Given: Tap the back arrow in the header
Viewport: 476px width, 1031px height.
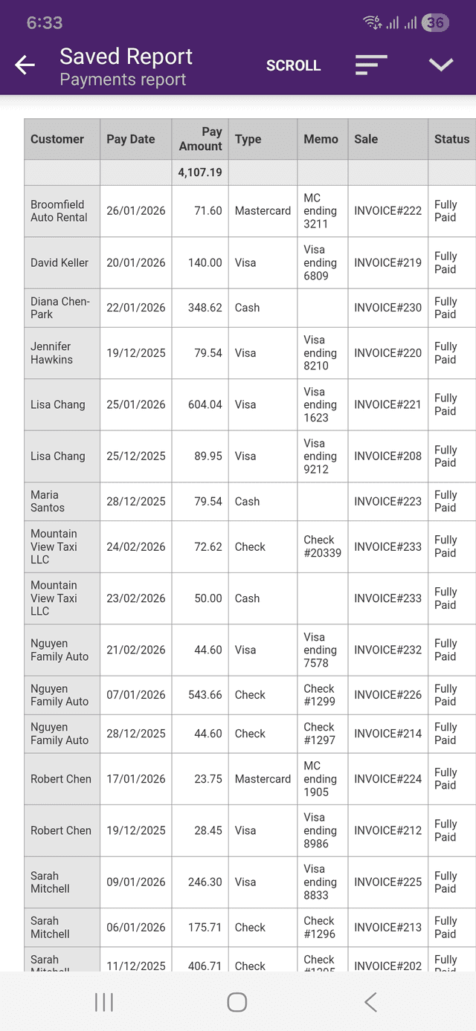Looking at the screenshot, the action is point(25,65).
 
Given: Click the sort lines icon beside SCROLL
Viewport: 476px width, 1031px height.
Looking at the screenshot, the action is point(371,65).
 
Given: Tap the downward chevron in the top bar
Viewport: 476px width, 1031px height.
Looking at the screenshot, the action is point(441,65).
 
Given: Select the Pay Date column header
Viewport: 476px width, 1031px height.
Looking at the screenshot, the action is point(131,139).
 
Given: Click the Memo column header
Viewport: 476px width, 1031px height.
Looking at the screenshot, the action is point(321,139).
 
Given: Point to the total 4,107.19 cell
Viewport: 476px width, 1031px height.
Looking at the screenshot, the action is point(200,172).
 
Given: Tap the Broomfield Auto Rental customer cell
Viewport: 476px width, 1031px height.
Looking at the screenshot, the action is point(59,211).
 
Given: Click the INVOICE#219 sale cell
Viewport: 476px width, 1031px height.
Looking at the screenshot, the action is point(387,262).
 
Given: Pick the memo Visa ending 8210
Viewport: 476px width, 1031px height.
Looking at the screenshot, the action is point(321,353).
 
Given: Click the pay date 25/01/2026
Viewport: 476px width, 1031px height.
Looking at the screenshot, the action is point(136,404).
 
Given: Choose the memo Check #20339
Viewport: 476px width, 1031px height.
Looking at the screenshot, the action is point(322,546).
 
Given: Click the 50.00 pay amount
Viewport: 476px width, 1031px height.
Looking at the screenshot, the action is point(208,598).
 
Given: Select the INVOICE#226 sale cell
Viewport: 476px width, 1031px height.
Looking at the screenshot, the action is point(387,695).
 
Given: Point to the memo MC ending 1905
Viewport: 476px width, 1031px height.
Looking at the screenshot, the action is point(321,779).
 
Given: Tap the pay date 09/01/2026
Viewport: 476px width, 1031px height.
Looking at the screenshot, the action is point(136,882).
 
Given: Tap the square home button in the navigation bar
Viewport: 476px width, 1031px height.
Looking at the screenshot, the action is point(237,1002).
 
